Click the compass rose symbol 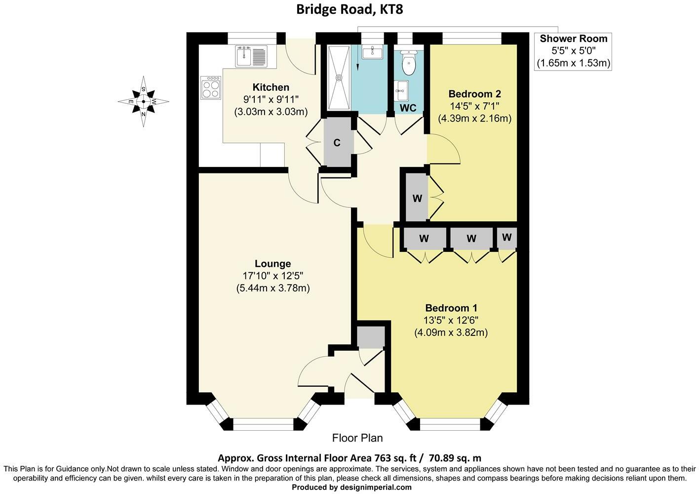(143, 102)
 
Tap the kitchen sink (251, 56)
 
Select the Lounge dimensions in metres (273, 288)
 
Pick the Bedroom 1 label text (451, 307)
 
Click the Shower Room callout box (573, 51)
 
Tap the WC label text (408, 108)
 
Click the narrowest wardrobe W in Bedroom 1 (506, 238)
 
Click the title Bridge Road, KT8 (349, 9)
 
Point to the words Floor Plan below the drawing (357, 438)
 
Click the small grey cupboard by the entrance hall (370, 337)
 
